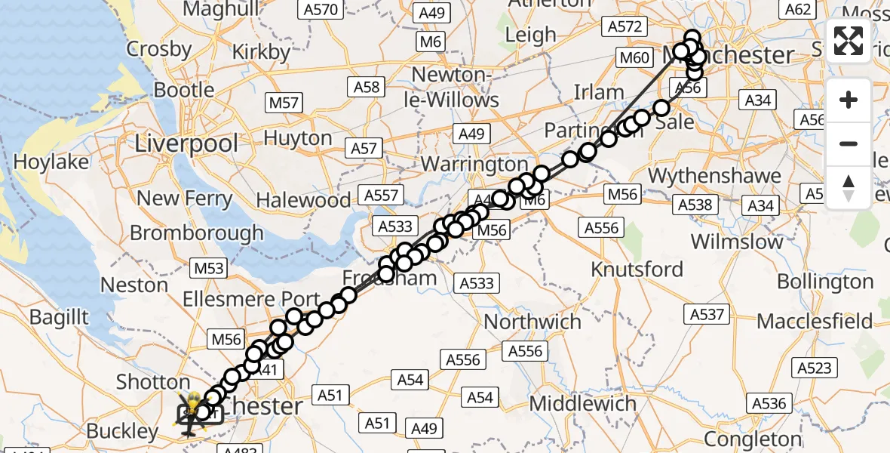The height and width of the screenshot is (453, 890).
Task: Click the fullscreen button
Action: pyautogui.click(x=849, y=42)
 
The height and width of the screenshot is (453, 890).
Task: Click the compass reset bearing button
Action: pyautogui.click(x=849, y=187)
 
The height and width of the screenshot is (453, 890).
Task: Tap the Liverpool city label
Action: pyautogui.click(x=186, y=143)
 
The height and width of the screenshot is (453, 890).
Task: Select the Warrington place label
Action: pyautogui.click(x=474, y=164)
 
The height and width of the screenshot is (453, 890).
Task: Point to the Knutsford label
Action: pyautogui.click(x=637, y=270)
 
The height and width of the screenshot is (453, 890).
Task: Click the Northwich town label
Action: pyautogui.click(x=532, y=322)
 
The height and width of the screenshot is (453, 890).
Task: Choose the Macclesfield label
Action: pyautogui.click(x=815, y=321)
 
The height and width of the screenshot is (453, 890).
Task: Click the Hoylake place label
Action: pyautogui.click(x=51, y=162)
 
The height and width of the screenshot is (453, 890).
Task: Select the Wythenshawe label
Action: pyautogui.click(x=714, y=176)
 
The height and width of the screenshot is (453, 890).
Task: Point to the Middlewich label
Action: pyautogui.click(x=583, y=404)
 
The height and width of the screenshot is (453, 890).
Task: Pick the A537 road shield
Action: pyautogui.click(x=705, y=314)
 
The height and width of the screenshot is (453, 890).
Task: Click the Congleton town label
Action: pyautogui.click(x=760, y=439)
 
